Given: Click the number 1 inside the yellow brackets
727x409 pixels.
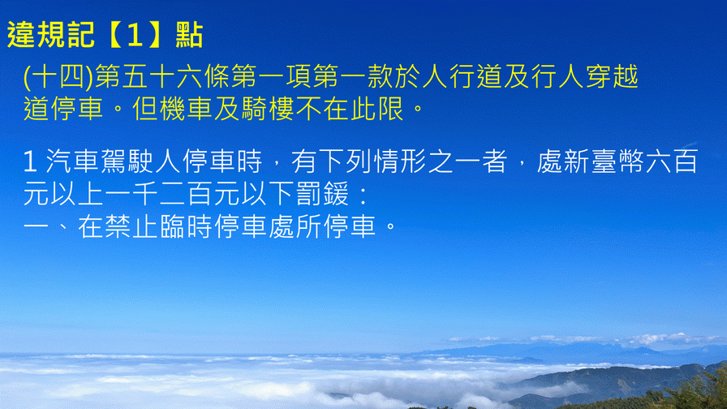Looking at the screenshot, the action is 134,35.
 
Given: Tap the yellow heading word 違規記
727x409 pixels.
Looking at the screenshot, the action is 50,35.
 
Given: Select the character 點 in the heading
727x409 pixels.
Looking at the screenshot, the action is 189,35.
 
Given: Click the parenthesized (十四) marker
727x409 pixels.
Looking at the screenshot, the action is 58,77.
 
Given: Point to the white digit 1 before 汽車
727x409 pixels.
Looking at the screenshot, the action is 30,161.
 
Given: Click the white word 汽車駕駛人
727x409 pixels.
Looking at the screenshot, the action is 114,161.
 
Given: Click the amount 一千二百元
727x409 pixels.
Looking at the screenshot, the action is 172,194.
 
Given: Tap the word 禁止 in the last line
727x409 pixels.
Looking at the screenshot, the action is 118,226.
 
